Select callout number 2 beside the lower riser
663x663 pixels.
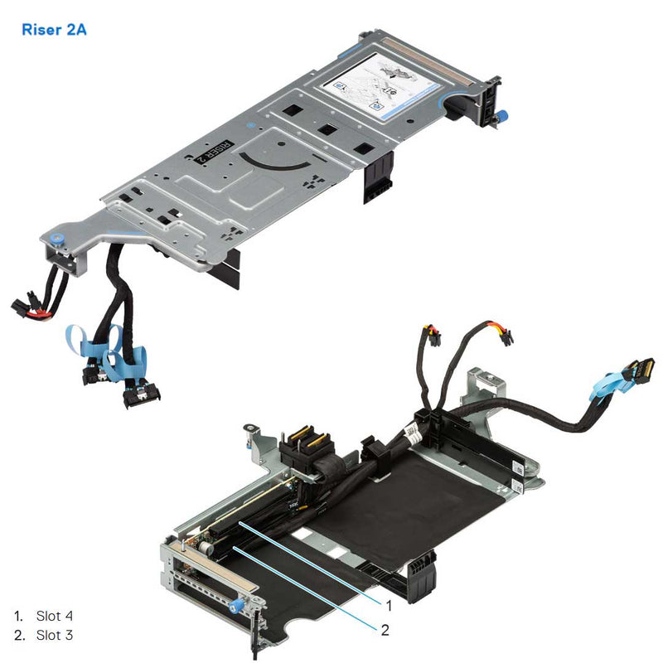[385, 630]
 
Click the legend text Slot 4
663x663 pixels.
[55, 616]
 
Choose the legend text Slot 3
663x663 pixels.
[55, 636]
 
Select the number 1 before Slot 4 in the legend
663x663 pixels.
[18, 616]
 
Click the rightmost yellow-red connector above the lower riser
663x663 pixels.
[504, 336]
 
